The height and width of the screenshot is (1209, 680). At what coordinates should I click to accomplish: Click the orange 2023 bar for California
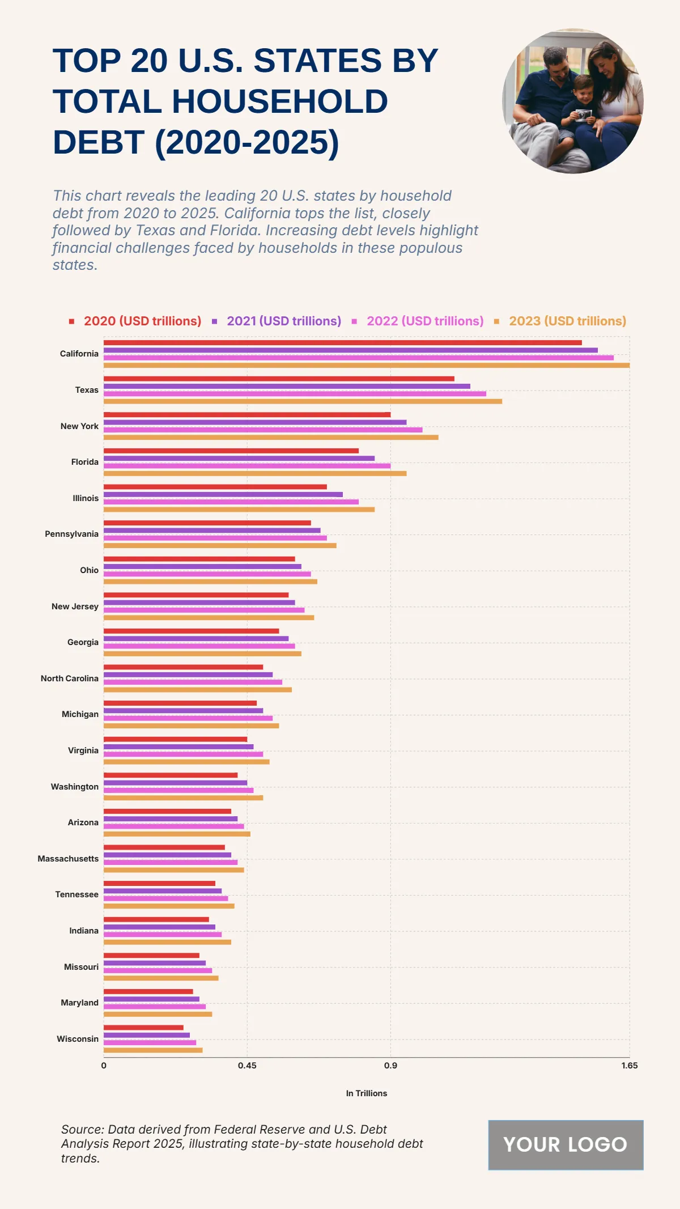click(x=366, y=365)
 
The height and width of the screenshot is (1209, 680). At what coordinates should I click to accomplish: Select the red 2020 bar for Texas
click(x=279, y=379)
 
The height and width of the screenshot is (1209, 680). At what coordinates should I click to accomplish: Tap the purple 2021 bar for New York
click(x=255, y=422)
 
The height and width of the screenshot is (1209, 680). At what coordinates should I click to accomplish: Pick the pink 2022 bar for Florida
click(x=247, y=466)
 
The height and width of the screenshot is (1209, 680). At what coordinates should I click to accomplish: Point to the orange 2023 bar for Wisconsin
click(x=153, y=1050)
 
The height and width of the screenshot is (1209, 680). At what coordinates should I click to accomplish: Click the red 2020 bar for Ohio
click(x=199, y=559)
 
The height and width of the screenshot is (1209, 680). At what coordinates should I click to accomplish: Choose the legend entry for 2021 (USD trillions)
click(x=283, y=321)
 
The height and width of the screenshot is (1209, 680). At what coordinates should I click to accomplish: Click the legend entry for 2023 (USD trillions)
click(x=567, y=321)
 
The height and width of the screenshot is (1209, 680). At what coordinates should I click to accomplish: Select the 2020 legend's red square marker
click(x=72, y=321)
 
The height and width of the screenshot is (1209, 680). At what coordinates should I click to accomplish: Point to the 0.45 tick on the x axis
click(x=247, y=1066)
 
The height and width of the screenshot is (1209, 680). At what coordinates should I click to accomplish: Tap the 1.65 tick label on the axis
click(x=629, y=1066)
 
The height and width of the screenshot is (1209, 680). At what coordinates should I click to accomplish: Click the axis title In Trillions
click(x=367, y=1093)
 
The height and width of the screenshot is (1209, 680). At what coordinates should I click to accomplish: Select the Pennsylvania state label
click(x=71, y=534)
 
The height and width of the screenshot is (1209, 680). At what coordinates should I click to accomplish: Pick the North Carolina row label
click(x=69, y=678)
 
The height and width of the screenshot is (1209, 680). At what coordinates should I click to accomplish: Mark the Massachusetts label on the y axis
click(x=68, y=859)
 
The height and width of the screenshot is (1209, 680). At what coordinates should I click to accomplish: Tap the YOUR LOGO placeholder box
click(x=566, y=1145)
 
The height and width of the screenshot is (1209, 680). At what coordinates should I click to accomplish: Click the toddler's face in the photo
click(x=583, y=90)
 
